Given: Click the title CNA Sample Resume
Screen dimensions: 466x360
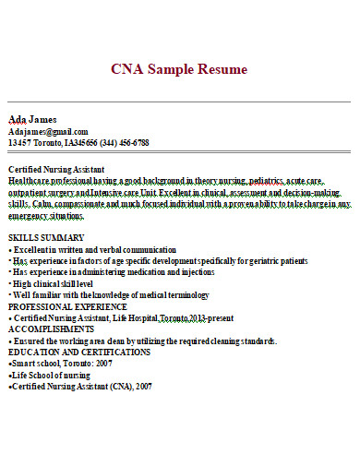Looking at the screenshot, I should click(x=179, y=69).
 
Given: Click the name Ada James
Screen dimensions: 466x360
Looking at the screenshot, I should click(x=32, y=119).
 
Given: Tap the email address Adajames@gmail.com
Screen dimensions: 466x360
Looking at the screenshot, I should click(x=48, y=131).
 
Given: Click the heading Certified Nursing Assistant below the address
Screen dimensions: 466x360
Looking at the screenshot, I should click(x=56, y=170).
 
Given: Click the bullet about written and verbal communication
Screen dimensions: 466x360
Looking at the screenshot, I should click(x=92, y=250).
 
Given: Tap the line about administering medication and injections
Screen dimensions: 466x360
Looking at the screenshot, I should click(x=111, y=272).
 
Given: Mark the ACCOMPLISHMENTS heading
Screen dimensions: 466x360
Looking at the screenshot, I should click(x=51, y=328).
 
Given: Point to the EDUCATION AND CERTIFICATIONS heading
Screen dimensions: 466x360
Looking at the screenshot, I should click(x=79, y=352).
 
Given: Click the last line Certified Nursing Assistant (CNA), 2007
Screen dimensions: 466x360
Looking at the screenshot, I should click(x=79, y=386).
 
